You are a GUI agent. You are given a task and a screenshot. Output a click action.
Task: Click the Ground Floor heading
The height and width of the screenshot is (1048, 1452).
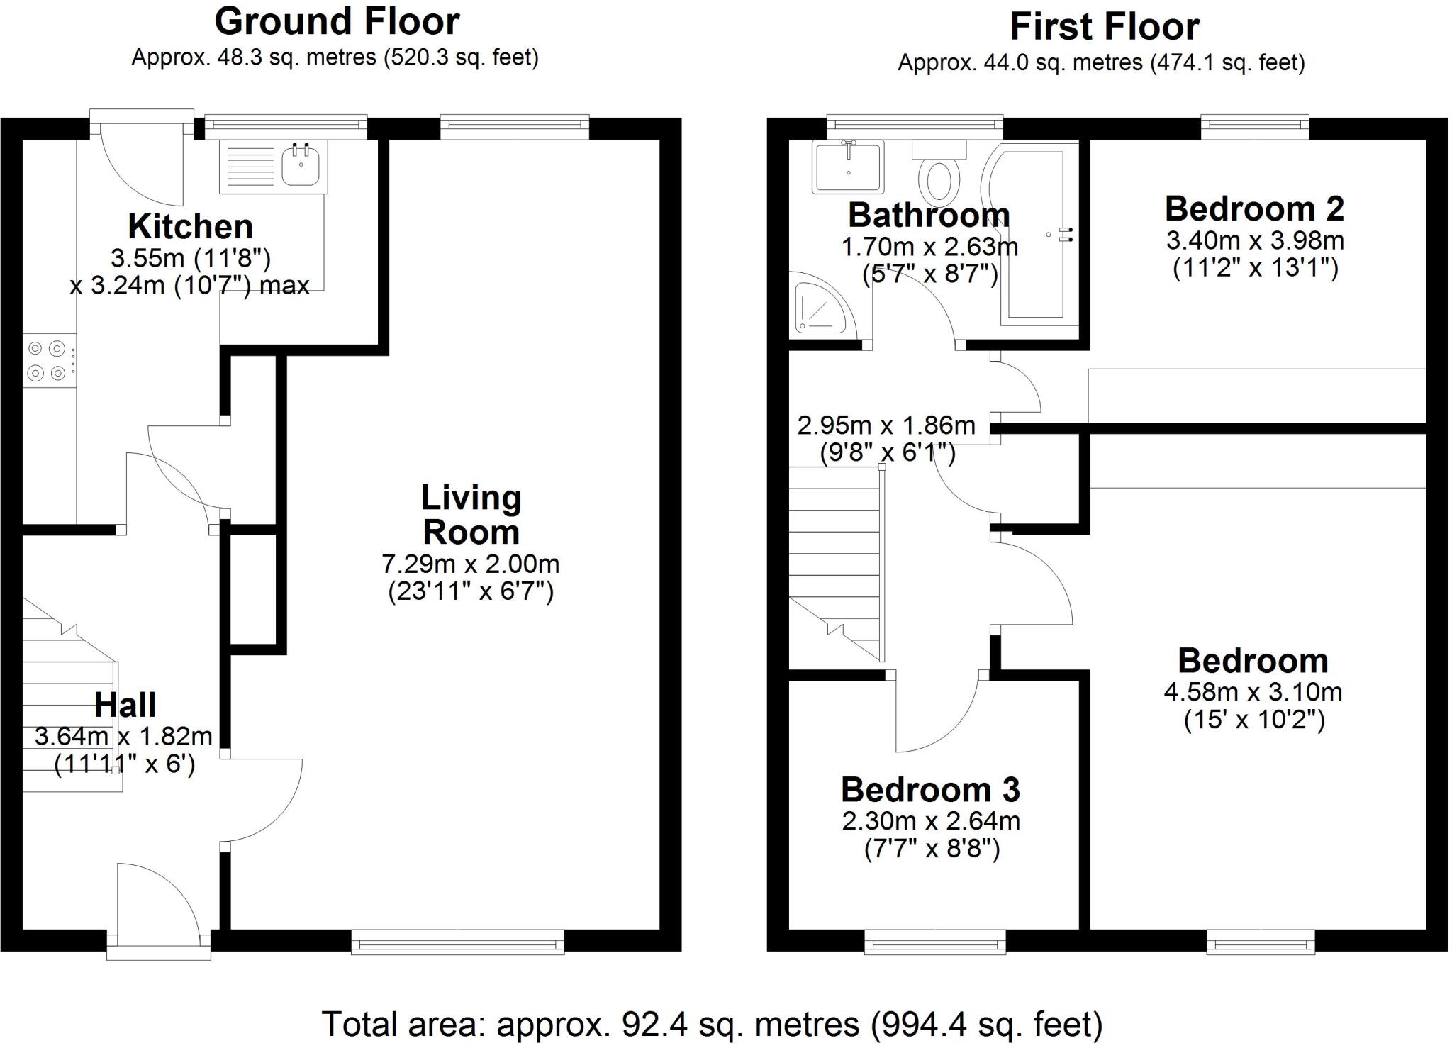tap(337, 22)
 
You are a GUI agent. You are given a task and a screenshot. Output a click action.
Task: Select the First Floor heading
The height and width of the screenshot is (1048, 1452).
tap(1104, 28)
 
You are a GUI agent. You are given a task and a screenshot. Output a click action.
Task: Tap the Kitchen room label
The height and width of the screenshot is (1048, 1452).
tap(190, 227)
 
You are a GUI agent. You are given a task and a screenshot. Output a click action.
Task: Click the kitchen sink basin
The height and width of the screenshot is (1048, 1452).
tap(301, 167)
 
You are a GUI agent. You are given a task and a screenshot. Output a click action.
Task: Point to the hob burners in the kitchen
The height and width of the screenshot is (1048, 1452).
tap(48, 359)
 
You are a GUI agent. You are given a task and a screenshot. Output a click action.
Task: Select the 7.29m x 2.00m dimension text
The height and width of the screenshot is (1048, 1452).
tap(471, 564)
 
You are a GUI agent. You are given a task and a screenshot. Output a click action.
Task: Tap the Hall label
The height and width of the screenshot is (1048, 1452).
tap(125, 705)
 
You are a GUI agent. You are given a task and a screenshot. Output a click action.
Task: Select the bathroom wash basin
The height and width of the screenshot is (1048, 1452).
tap(848, 167)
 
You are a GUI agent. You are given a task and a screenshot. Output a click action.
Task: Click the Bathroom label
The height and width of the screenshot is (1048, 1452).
tap(929, 216)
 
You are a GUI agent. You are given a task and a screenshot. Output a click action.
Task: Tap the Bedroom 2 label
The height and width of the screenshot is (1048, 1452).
tap(1254, 209)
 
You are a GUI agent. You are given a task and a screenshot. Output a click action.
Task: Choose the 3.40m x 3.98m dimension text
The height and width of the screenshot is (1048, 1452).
tap(1255, 241)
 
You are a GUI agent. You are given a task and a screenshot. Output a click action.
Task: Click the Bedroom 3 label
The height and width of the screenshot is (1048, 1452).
tap(930, 790)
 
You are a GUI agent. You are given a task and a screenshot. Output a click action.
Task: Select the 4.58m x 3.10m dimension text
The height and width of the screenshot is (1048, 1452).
tap(1253, 692)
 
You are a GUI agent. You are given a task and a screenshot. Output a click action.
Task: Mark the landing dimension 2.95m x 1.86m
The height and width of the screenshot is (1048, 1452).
tap(886, 425)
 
